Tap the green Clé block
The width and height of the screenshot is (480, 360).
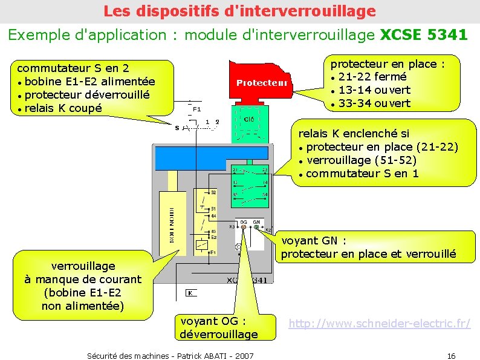(x=248, y=120)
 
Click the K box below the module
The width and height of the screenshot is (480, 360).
(x=190, y=293)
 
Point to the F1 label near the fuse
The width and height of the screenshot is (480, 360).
(x=197, y=110)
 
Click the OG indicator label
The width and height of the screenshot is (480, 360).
(x=244, y=222)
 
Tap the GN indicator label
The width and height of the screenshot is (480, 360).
(x=256, y=222)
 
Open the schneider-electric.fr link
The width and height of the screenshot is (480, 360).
(x=379, y=323)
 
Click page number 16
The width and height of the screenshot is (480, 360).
(x=451, y=355)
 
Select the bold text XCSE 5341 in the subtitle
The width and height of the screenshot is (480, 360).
(x=423, y=34)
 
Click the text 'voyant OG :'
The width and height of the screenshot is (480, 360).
(x=213, y=321)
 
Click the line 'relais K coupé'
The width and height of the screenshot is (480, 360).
(x=63, y=108)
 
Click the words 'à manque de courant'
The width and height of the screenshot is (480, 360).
(x=83, y=279)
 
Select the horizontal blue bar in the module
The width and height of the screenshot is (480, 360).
(x=211, y=158)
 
